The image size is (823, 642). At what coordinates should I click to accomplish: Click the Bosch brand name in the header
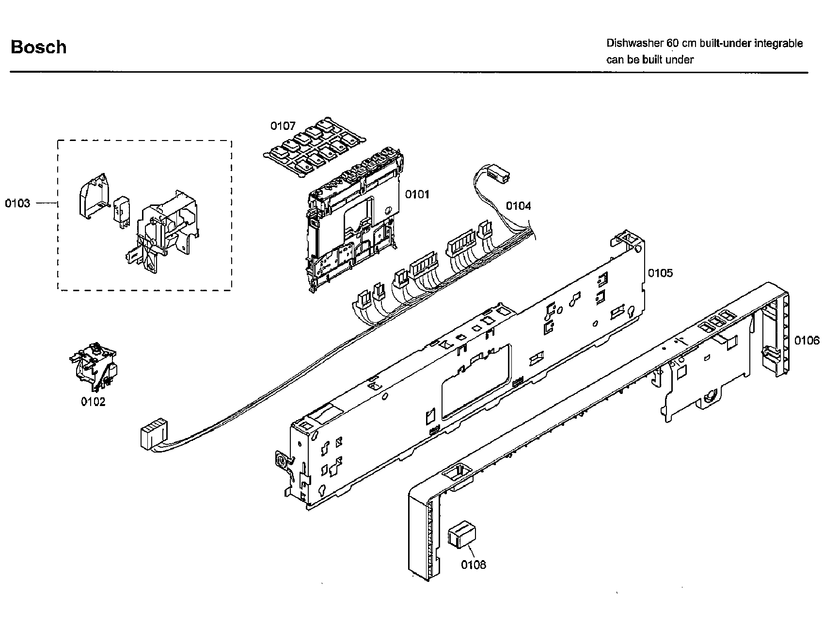point(39,47)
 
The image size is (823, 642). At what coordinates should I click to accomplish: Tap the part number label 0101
point(417,194)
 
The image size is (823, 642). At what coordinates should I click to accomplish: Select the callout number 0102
point(93,402)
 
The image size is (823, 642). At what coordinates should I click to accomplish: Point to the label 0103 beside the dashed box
point(17,203)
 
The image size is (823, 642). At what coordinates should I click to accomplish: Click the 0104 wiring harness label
point(518,206)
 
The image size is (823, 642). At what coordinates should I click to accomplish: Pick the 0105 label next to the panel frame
point(660,273)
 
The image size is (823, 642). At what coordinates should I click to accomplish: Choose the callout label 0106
point(807,341)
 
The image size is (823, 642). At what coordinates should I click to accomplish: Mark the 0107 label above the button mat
point(283,126)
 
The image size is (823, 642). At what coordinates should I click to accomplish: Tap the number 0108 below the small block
point(473,564)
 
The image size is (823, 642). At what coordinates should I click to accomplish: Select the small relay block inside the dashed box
point(121,211)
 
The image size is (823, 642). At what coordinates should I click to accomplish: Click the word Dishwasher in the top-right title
point(634,43)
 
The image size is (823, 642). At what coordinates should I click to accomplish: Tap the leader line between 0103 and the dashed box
point(47,203)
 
